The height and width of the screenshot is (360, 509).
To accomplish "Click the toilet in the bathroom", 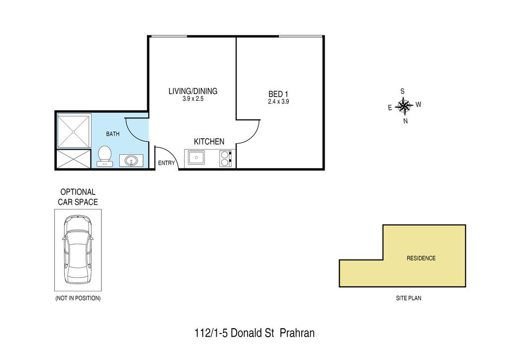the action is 105,157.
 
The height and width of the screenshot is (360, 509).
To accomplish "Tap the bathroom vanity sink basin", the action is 131,161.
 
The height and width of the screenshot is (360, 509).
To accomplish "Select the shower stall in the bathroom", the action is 74,131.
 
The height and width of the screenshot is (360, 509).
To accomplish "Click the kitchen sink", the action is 195,158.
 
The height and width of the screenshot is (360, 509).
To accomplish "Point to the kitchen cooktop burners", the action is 226,159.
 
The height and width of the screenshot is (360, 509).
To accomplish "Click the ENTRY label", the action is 167,163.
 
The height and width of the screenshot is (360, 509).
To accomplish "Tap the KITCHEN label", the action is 209,142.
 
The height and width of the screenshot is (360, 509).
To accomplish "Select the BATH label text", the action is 113,134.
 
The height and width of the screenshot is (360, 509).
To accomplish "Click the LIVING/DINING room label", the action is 193,91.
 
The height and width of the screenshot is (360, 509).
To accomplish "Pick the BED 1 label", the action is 278,94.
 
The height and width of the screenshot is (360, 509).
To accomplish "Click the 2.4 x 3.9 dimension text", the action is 278,101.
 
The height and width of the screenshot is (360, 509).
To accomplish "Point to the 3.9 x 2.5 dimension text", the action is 193,98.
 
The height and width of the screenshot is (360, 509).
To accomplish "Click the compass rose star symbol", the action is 404,106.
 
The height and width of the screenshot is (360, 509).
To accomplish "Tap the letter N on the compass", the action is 406,121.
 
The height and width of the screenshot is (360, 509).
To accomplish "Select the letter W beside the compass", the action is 419,104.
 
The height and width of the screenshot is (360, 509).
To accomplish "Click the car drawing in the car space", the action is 78,250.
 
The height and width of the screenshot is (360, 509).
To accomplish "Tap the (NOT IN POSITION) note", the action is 78,298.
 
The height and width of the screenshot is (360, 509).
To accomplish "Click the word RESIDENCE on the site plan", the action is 421,258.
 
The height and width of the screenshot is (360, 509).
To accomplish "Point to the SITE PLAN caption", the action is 409,298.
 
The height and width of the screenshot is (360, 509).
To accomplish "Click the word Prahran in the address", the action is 297,333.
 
